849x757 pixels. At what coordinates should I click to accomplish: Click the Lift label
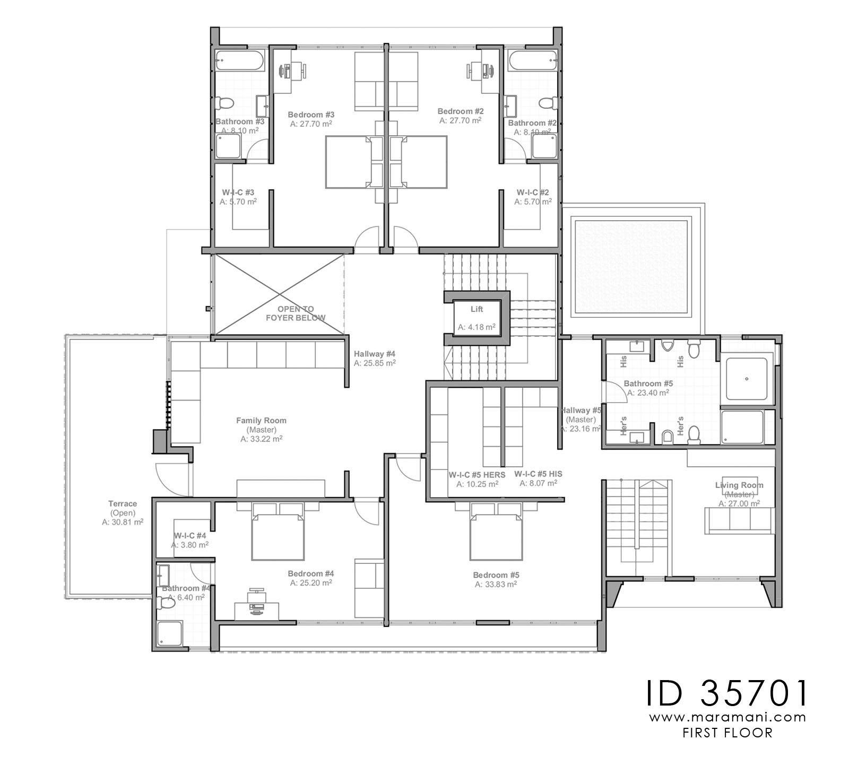[x=477, y=309]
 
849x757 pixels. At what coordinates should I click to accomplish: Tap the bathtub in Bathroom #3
[x=239, y=62]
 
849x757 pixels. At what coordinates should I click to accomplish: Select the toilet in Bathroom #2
[x=547, y=102]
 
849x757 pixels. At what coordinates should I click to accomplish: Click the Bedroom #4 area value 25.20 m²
[x=311, y=582]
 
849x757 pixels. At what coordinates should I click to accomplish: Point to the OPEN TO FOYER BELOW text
[x=296, y=313]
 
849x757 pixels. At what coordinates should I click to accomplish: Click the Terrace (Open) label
[x=123, y=504]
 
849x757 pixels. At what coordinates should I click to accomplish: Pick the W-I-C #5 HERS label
[x=477, y=474]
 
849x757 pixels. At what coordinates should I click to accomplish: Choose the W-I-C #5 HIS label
[x=538, y=474]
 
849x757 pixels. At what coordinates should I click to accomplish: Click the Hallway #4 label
[x=375, y=354]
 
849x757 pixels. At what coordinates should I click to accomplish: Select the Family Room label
[x=261, y=421]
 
